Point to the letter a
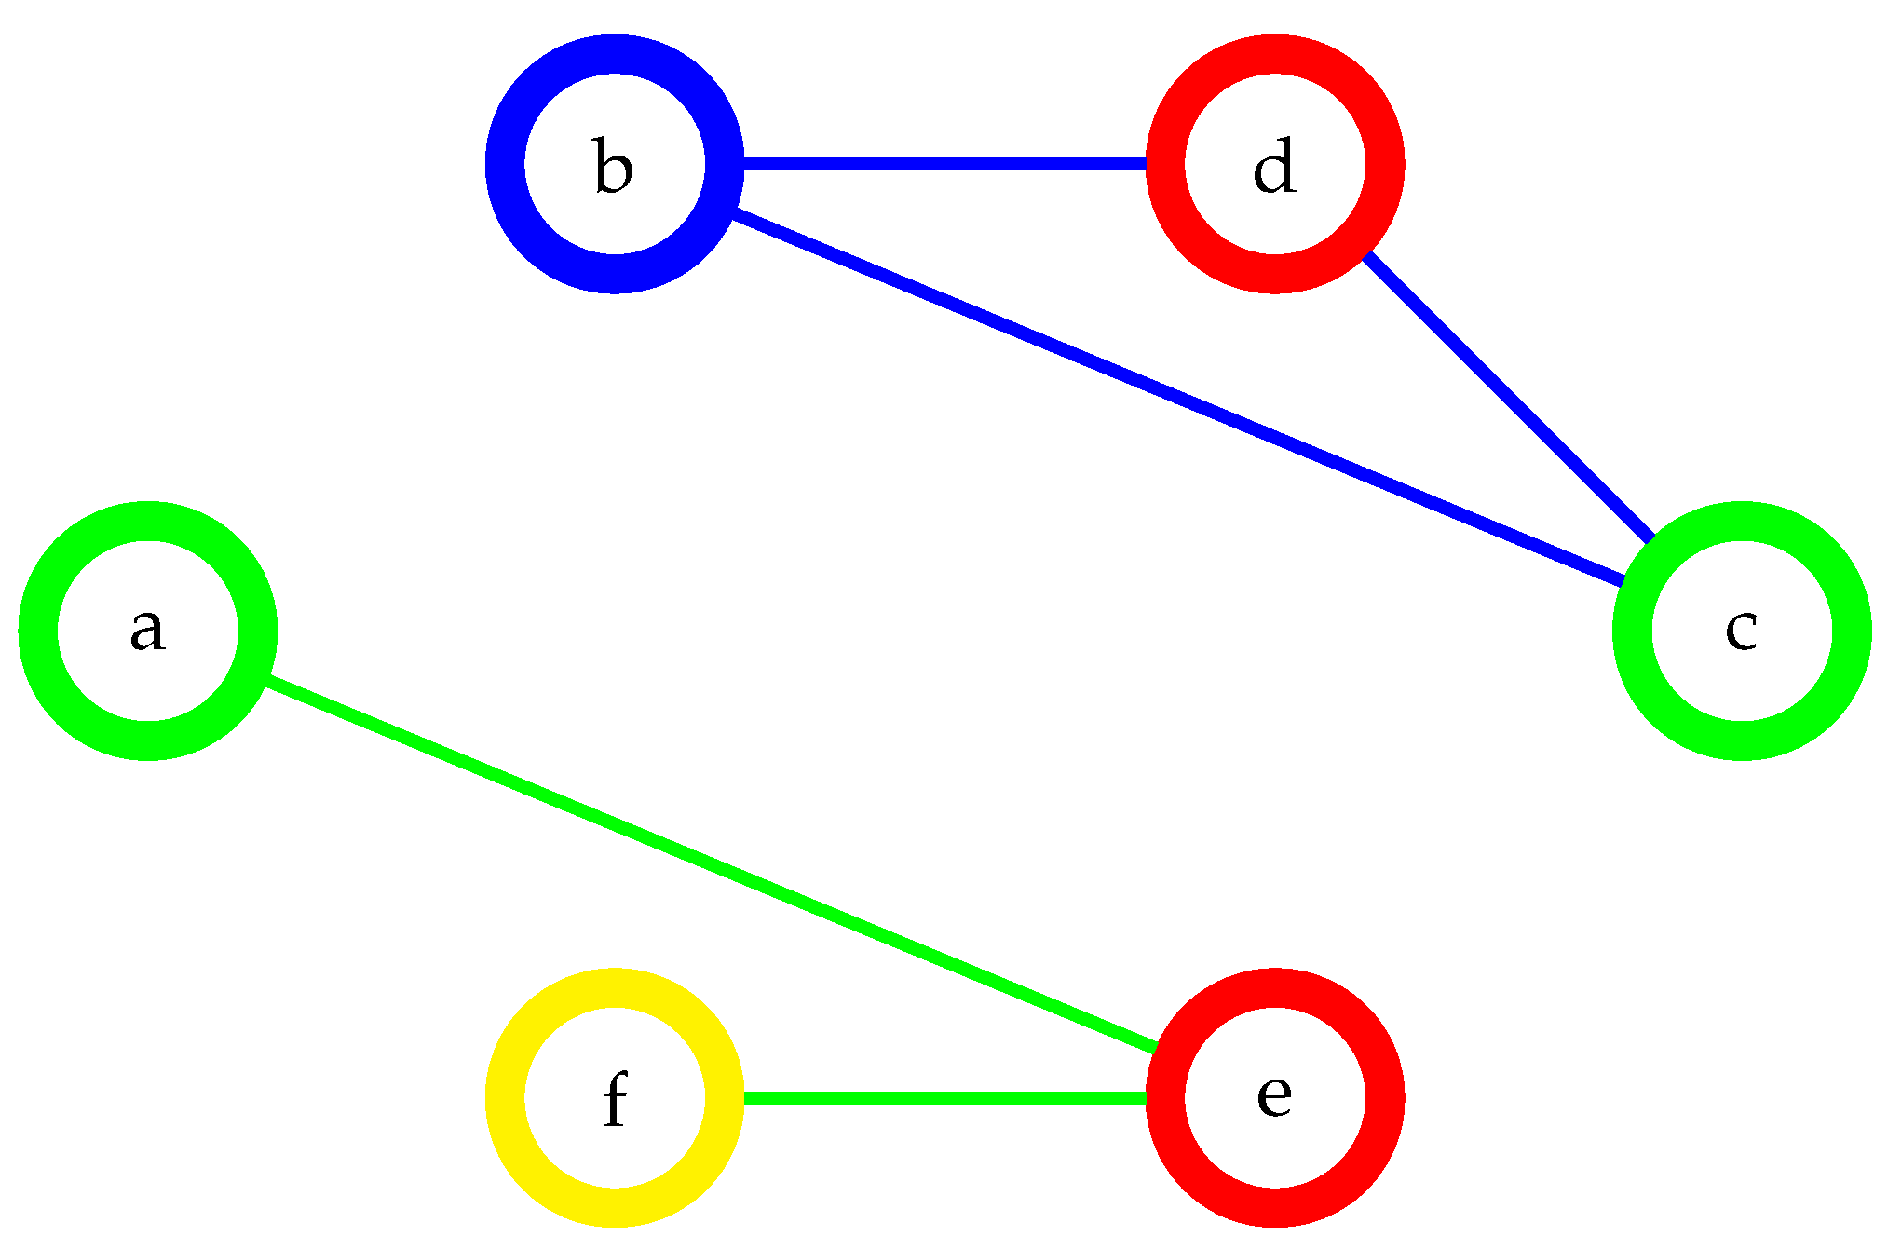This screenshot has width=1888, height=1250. [147, 631]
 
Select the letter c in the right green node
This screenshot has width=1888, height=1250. [1740, 632]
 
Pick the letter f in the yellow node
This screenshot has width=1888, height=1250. [614, 1099]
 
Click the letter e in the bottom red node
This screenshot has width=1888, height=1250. [1273, 1096]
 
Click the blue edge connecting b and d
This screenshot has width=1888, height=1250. [944, 165]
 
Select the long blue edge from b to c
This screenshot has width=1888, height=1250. [1178, 399]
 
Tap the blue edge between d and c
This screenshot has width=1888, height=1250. [1507, 398]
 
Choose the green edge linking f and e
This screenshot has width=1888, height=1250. [944, 1098]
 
